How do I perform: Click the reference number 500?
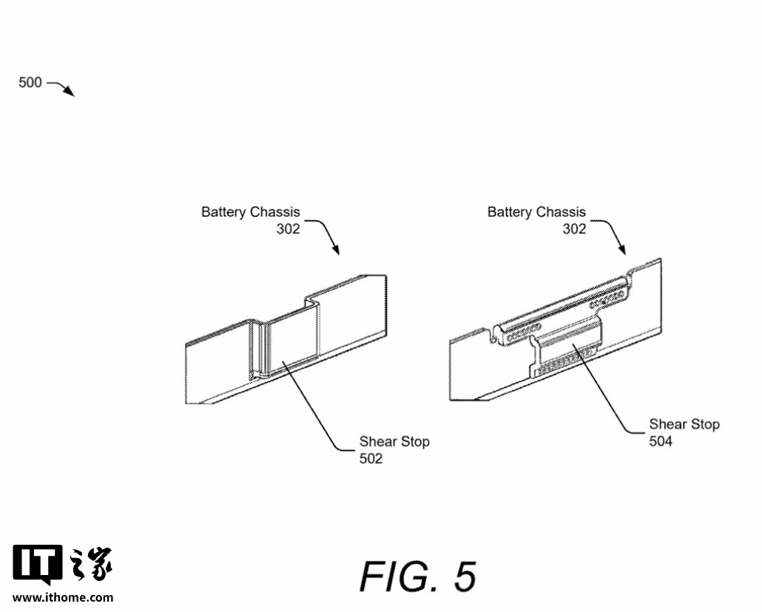pos(30,83)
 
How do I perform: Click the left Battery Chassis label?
pos(251,212)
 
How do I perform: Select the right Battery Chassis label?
pos(536,212)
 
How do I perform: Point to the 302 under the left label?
pos(289,229)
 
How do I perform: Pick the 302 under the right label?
pos(574,229)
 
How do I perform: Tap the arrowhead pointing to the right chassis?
pos(623,251)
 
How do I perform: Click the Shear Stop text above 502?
pos(394,442)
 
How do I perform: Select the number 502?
pos(371,459)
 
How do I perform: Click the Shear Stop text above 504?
pos(684,424)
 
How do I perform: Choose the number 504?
pos(661,441)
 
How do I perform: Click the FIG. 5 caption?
pos(418,577)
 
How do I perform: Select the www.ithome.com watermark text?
pos(63,597)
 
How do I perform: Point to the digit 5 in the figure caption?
pos(465,577)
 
